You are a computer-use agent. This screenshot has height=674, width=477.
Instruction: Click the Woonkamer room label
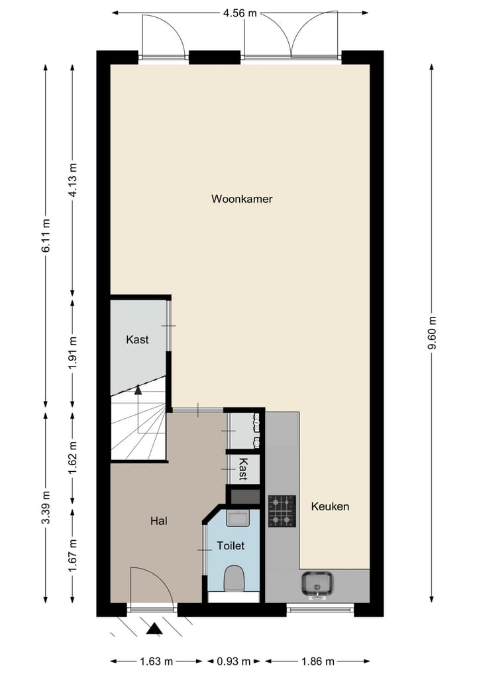click(242, 199)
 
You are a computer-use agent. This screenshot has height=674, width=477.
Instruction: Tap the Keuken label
click(330, 506)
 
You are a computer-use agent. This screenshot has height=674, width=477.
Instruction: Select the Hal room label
click(158, 521)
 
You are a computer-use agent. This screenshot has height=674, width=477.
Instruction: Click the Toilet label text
click(231, 546)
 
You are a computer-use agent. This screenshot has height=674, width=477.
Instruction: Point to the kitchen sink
click(318, 585)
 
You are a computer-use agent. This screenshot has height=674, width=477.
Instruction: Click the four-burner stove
click(282, 510)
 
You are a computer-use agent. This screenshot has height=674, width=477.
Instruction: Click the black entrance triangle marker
click(154, 629)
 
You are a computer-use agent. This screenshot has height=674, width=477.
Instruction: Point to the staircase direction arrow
click(138, 390)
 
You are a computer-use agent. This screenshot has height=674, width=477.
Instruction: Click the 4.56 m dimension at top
click(240, 12)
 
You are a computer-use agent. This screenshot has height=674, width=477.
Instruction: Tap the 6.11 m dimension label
click(46, 236)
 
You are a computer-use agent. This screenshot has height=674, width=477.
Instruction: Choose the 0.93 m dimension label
click(233, 661)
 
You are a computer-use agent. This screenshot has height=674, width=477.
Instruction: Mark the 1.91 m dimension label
click(73, 353)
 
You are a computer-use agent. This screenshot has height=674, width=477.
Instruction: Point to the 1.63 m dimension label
click(156, 661)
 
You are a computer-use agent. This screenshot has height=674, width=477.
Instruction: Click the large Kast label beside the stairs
click(137, 339)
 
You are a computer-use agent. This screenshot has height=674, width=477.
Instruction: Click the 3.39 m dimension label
click(46, 506)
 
